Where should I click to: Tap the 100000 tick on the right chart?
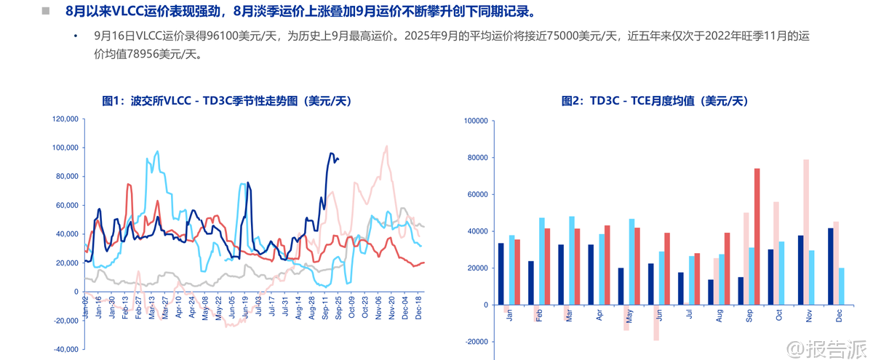coord(474,121)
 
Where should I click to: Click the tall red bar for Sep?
coord(757,236)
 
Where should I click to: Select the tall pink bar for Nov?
coord(806,232)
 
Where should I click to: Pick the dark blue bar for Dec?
coord(831,266)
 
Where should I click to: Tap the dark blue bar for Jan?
coord(501,273)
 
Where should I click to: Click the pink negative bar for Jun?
coord(656,322)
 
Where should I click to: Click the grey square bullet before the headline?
coord(45,12)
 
